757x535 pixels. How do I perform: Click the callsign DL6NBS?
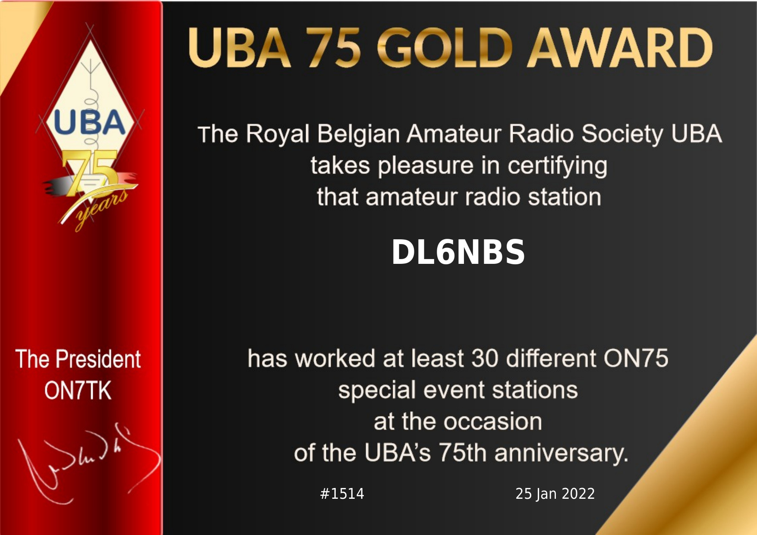click(x=458, y=252)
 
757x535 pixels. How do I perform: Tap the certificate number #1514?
click(x=342, y=494)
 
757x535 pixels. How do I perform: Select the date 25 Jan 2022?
click(x=555, y=494)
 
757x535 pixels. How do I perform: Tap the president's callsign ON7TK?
click(x=78, y=391)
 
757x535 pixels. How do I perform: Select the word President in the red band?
click(x=98, y=359)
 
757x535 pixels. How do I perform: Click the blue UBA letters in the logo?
click(x=89, y=122)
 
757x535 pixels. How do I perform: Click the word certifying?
click(x=557, y=166)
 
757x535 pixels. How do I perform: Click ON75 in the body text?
click(x=636, y=358)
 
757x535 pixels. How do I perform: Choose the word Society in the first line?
click(x=622, y=135)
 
